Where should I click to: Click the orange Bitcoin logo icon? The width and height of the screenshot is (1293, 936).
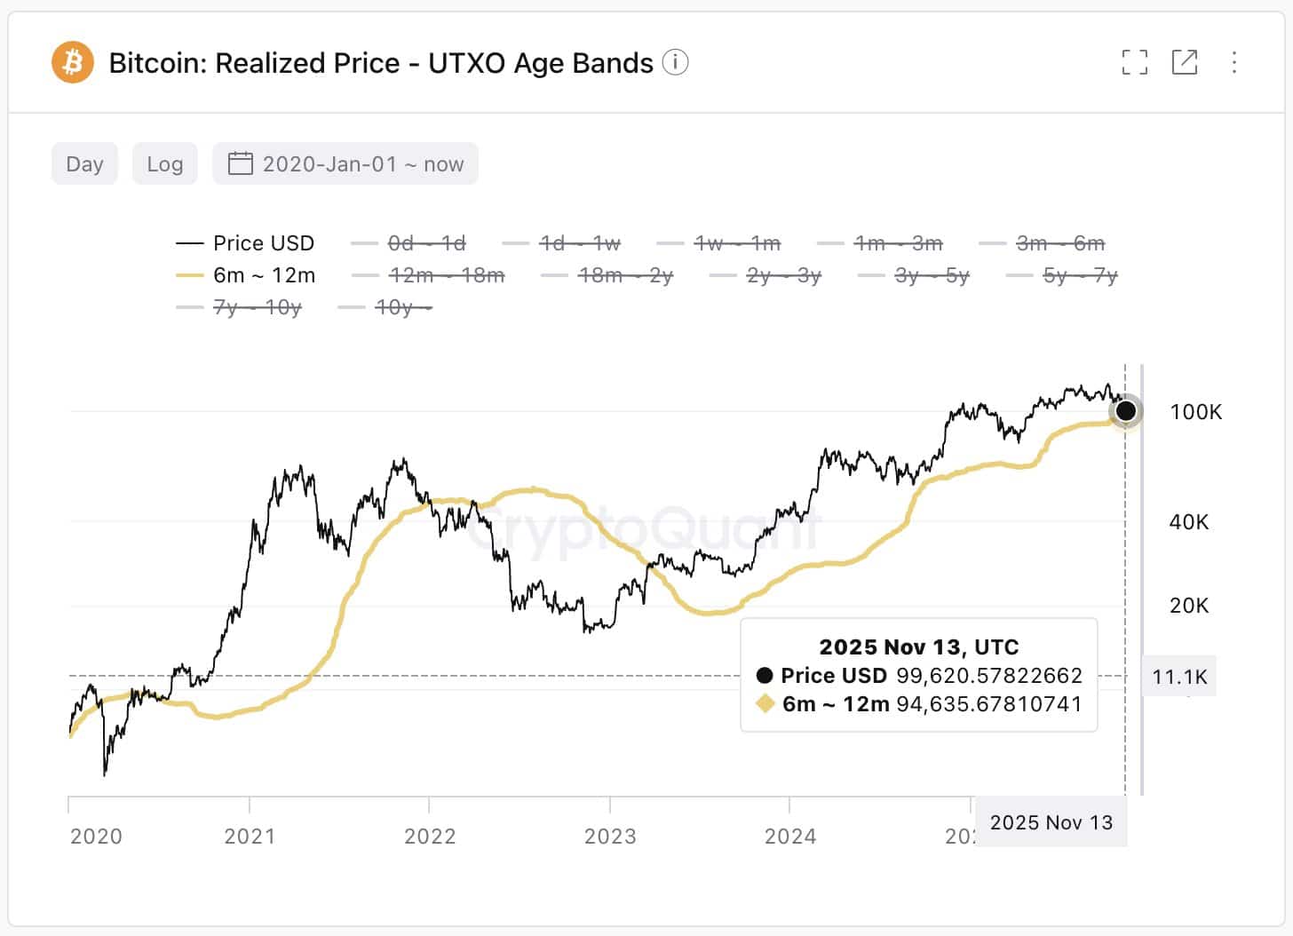(72, 63)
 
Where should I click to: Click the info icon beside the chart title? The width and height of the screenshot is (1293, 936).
(675, 63)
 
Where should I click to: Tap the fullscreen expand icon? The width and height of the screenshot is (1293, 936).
(1134, 62)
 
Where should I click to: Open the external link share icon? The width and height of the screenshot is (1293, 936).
(1185, 62)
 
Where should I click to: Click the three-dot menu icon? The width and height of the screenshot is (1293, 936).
(1234, 62)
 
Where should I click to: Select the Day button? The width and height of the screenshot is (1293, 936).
(84, 164)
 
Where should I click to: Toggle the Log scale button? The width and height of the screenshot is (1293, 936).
(165, 164)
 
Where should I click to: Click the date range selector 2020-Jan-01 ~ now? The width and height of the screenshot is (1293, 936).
(345, 164)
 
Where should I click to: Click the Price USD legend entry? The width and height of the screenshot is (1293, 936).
(246, 243)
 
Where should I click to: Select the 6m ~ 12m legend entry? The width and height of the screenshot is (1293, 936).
(246, 275)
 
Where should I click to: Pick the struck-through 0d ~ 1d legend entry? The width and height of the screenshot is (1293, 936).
(409, 243)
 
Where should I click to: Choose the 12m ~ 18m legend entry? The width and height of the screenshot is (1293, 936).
(428, 275)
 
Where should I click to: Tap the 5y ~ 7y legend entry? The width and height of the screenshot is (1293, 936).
(1062, 275)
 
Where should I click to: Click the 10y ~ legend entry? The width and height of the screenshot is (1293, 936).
(385, 307)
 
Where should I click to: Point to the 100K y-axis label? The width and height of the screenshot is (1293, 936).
(1195, 412)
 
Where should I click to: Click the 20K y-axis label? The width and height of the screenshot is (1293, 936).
(1189, 606)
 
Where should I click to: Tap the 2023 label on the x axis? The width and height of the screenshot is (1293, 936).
(610, 837)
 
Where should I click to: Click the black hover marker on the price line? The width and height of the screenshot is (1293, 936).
(1125, 410)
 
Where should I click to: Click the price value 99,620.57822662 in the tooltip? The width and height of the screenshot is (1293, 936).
(988, 676)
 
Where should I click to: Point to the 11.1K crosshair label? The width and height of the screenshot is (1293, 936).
(1179, 677)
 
